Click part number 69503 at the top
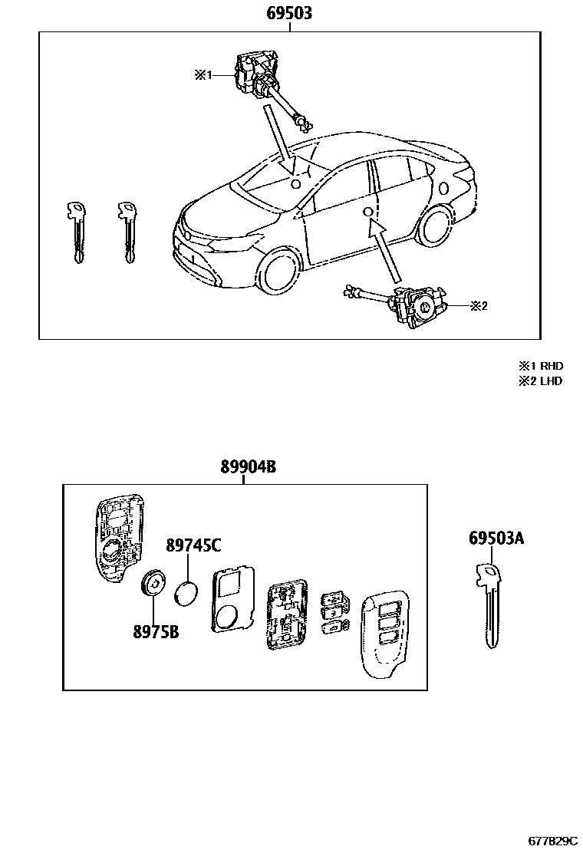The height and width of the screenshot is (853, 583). point(289,14)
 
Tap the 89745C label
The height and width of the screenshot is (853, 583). point(193,545)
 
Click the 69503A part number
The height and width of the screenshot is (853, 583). point(496,539)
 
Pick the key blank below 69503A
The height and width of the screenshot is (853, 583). point(489,606)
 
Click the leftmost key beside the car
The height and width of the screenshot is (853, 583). point(75,230)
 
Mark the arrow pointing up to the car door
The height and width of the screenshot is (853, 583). point(387,249)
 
